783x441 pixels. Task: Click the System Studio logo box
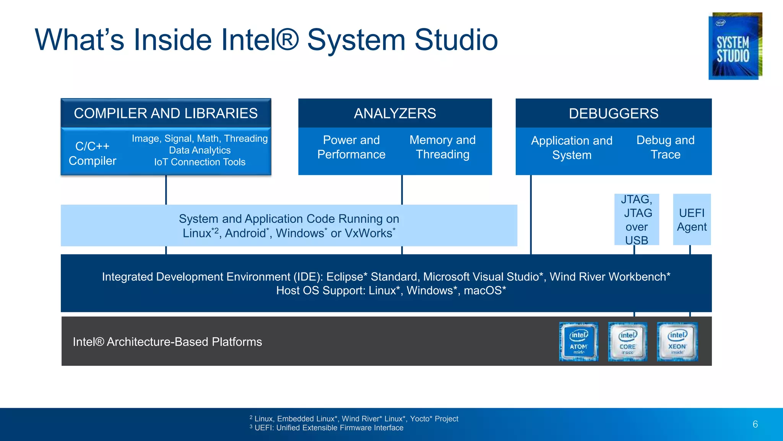click(735, 46)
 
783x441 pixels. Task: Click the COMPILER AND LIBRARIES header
click(166, 113)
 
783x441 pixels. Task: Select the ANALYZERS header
click(395, 113)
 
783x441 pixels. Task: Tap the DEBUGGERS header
click(613, 113)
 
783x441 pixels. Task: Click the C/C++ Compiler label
click(93, 154)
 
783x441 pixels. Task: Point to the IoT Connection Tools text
click(200, 162)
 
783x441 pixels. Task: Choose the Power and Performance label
click(351, 147)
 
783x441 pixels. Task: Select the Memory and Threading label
click(442, 147)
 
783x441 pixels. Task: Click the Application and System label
click(572, 148)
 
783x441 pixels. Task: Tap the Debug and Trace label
click(665, 147)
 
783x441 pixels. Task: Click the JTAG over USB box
click(637, 220)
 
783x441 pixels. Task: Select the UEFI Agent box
click(692, 220)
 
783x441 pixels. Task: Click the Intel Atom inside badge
click(578, 342)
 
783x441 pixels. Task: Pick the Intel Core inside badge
click(627, 342)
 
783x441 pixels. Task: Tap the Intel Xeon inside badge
click(677, 342)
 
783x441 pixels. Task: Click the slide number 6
click(755, 424)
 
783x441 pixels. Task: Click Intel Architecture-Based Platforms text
click(167, 342)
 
